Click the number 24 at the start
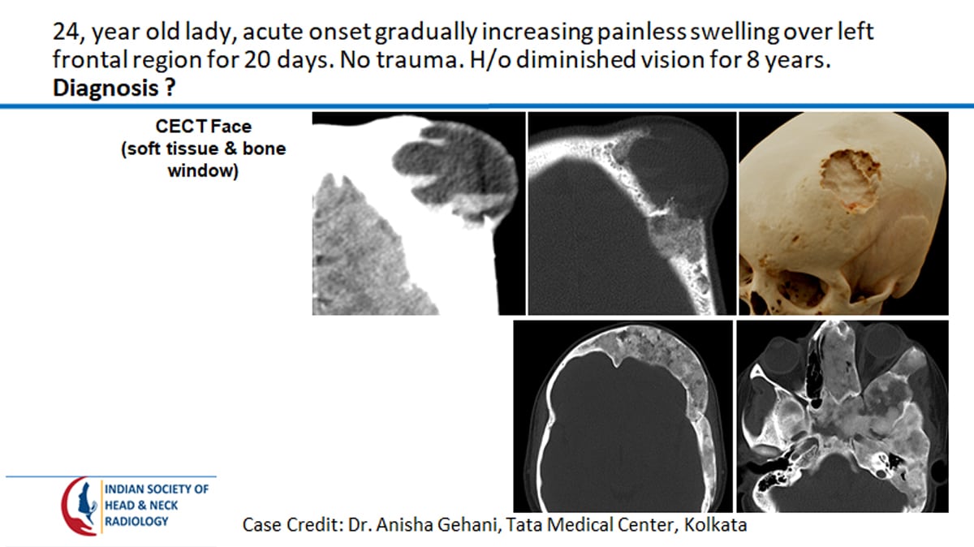click(66, 34)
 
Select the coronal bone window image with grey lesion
click(631, 213)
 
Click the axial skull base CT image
click(842, 415)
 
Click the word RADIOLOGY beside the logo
click(136, 521)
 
